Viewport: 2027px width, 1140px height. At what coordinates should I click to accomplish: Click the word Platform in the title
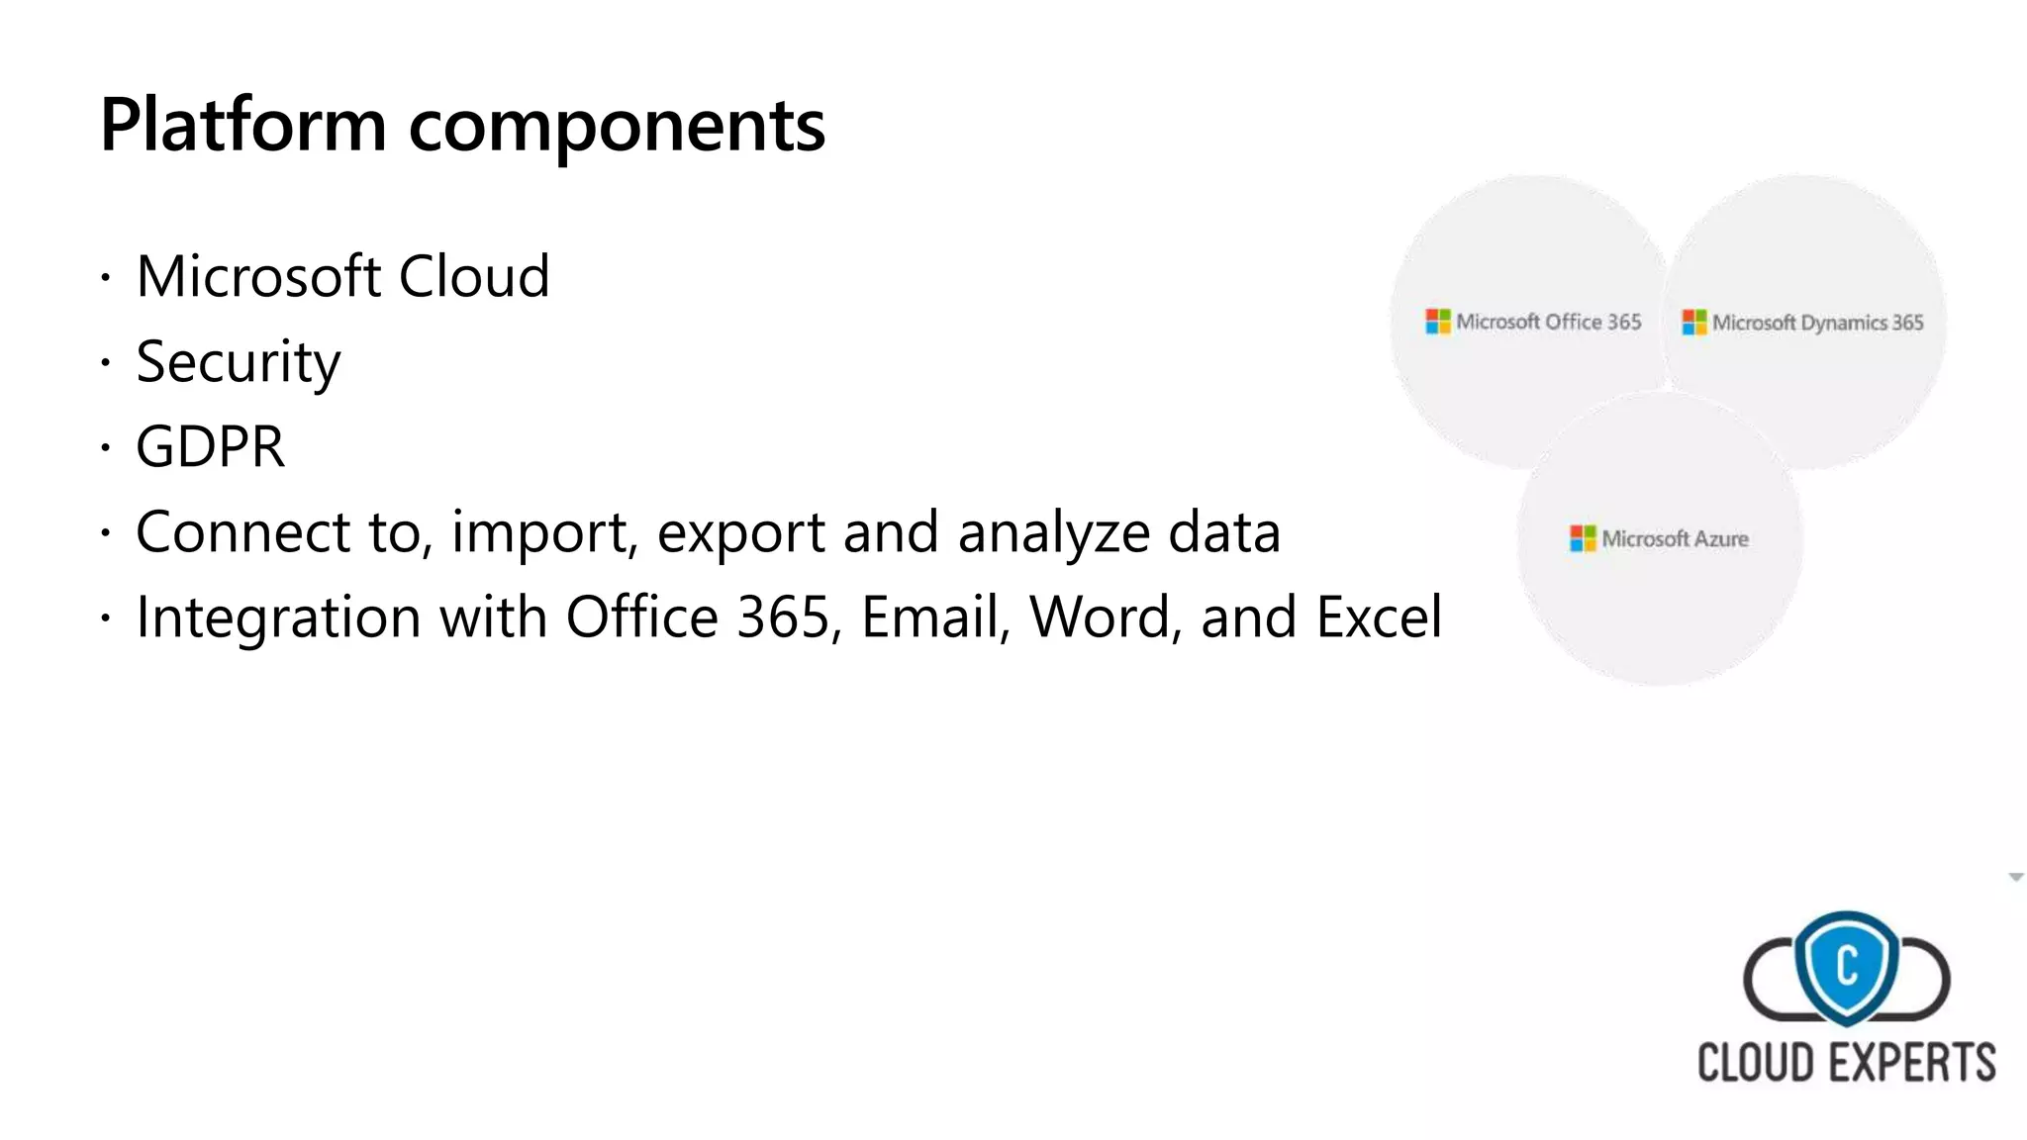[x=242, y=126]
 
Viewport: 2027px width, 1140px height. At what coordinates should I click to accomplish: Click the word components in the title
[x=617, y=129]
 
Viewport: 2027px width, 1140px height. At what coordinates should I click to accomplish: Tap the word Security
[x=238, y=362]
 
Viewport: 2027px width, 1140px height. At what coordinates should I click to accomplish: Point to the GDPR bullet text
[x=210, y=447]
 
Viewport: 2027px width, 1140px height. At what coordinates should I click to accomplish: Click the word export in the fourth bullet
[x=740, y=533]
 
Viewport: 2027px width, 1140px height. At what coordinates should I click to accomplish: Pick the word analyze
[x=1053, y=533]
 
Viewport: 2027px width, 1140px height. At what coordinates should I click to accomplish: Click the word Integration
[x=278, y=617]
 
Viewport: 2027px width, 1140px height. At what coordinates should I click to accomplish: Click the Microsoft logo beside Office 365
[x=1437, y=322]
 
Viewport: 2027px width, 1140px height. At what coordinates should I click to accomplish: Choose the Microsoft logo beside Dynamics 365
[x=1693, y=323]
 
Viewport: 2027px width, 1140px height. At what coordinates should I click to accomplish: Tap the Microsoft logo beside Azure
[x=1583, y=538]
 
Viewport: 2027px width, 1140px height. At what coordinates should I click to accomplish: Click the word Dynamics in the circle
[x=1844, y=324]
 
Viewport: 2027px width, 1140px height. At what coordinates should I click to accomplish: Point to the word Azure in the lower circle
[x=1721, y=539]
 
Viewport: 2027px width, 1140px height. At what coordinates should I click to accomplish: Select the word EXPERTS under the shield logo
[x=1911, y=1064]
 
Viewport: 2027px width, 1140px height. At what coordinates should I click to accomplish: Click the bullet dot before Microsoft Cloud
[x=105, y=278]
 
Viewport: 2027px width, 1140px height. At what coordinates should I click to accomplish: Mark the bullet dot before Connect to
[x=105, y=534]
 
